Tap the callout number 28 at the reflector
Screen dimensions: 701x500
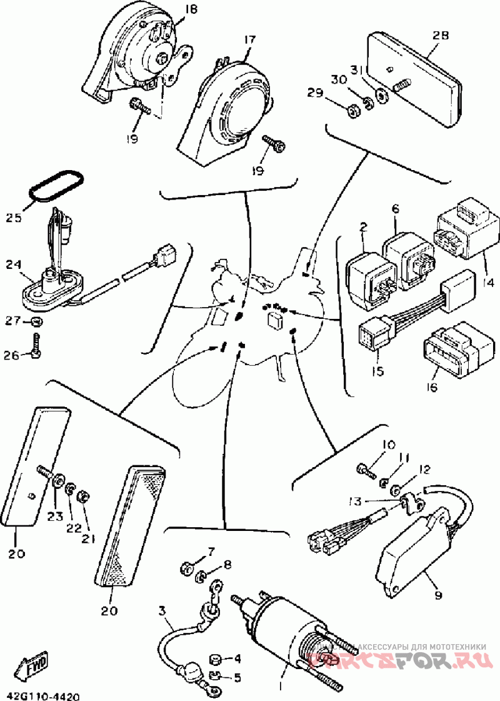(x=441, y=36)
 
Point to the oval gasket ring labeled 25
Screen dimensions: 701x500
(x=56, y=186)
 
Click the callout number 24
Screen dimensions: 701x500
(x=14, y=265)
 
